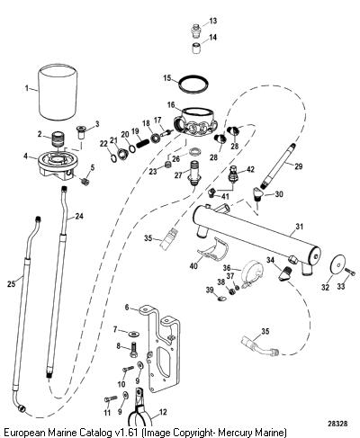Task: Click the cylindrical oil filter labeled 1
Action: [x=58, y=92]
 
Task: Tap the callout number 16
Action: [x=171, y=105]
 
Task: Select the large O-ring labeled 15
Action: [x=193, y=84]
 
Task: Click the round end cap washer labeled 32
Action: [x=337, y=264]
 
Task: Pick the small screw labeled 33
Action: [x=350, y=273]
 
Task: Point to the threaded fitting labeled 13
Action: [x=196, y=31]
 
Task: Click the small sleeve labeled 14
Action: [x=196, y=49]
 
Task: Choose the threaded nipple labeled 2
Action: [x=58, y=138]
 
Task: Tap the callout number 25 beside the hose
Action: [x=11, y=283]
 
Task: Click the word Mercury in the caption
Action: [x=233, y=433]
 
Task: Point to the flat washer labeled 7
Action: [x=133, y=333]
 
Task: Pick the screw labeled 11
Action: [x=111, y=398]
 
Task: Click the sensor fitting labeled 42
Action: [x=234, y=174]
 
